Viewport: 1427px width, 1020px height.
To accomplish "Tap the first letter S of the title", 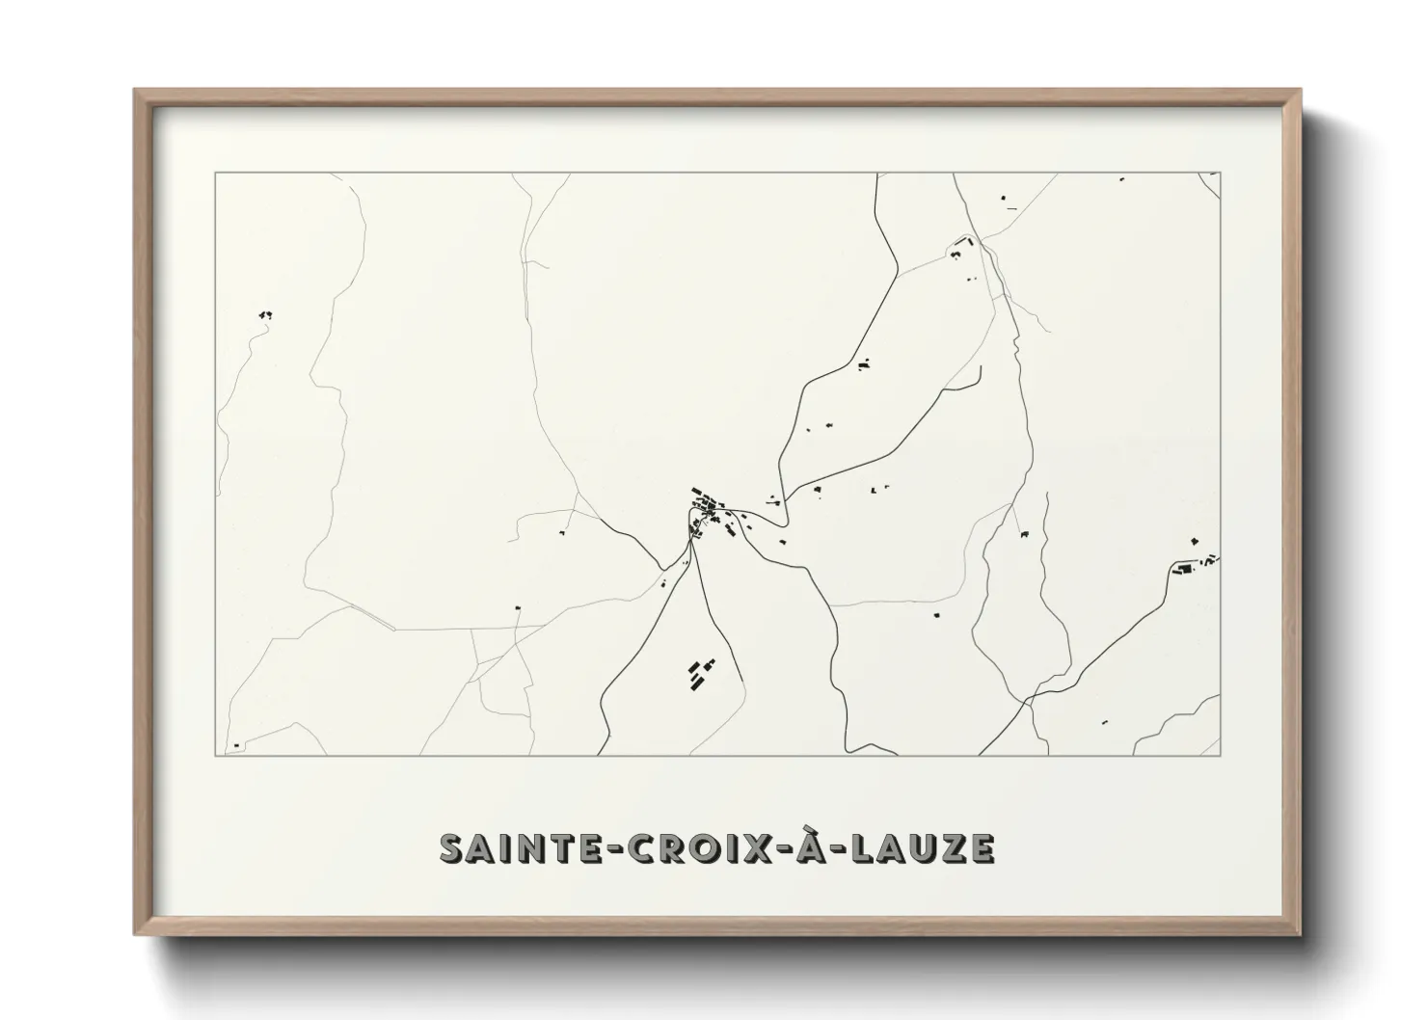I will pos(451,847).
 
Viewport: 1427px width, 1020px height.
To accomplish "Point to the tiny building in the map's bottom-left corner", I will pos(236,745).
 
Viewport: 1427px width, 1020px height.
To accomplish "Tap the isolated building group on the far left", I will pos(265,314).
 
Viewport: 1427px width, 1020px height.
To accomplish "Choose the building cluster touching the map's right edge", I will pos(1196,564).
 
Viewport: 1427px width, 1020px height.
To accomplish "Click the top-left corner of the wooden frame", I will pos(135,91).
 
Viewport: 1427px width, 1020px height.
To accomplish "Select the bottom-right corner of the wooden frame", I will pos(1300,934).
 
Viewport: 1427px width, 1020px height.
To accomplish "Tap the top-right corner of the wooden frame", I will pos(1300,91).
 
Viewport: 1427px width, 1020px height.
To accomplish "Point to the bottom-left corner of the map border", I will pos(215,756).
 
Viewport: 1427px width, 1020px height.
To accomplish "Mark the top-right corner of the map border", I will pos(1221,173).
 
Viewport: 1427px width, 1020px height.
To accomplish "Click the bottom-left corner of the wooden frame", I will pos(135,934).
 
